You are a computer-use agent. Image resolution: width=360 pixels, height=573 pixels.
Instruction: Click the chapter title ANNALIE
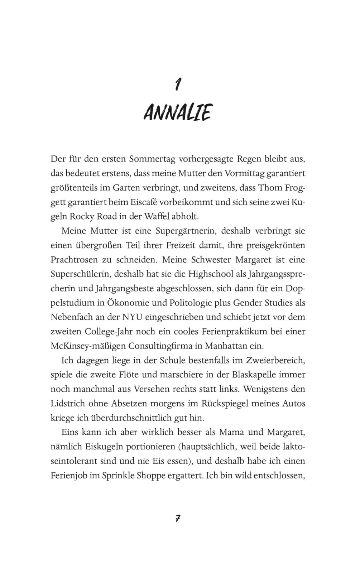click(178, 112)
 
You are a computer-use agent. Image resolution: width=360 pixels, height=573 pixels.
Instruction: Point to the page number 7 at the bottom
click(178, 518)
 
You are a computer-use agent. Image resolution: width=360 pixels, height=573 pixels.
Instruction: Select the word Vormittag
click(244, 173)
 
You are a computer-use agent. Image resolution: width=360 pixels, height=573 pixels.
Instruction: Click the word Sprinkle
click(117, 476)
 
